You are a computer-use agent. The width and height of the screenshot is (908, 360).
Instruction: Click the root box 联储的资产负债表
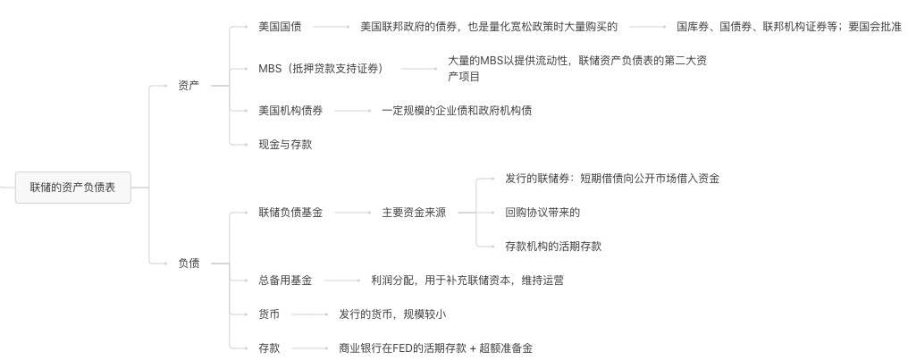click(x=73, y=188)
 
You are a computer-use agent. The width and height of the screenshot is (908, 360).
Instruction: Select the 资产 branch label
click(x=189, y=86)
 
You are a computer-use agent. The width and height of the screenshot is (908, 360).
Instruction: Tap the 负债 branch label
click(x=189, y=264)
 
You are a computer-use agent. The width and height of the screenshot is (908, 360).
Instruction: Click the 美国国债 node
click(x=280, y=27)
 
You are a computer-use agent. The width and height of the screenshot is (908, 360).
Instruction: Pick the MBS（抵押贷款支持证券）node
click(x=321, y=69)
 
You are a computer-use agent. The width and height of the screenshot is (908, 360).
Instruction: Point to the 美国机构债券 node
click(x=290, y=111)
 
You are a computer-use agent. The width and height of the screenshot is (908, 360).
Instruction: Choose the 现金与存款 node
click(x=285, y=145)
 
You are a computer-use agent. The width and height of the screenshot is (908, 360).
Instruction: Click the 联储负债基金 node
click(x=290, y=213)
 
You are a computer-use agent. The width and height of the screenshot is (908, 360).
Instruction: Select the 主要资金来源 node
click(x=414, y=213)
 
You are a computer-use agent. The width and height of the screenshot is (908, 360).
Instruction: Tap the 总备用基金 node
click(x=285, y=280)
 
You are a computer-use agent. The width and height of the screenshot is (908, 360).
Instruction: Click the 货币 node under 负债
click(x=269, y=314)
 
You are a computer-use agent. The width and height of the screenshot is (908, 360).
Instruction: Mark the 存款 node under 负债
click(x=269, y=348)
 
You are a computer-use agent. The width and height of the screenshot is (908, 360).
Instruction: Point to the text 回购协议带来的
click(x=542, y=213)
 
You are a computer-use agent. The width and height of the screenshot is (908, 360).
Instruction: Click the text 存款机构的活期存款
click(x=553, y=247)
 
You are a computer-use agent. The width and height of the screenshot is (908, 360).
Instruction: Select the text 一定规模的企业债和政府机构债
click(x=457, y=111)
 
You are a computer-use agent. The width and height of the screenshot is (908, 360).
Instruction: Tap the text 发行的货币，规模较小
click(x=392, y=314)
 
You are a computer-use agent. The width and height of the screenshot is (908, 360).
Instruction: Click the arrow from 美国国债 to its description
click(x=332, y=27)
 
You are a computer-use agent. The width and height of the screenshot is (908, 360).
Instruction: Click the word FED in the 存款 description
click(x=402, y=348)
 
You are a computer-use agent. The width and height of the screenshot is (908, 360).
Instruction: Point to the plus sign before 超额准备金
click(x=473, y=348)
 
